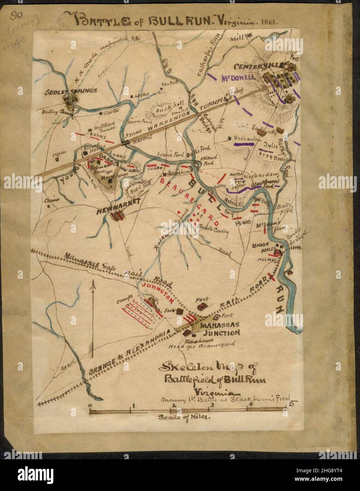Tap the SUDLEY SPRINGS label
(x=71, y=91)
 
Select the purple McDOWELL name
(x=238, y=78)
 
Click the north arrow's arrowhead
(x=93, y=284)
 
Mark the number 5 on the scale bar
(x=292, y=403)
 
